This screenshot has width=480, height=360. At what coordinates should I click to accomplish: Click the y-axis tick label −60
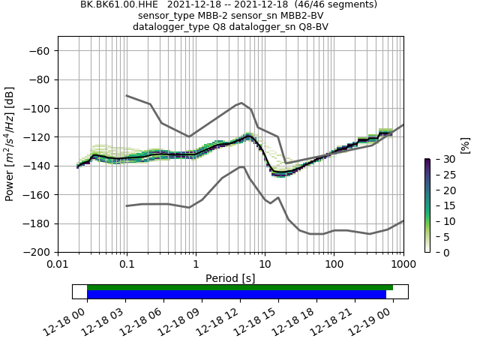coord(39,51)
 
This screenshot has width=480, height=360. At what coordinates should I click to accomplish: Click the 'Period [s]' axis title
coord(230,278)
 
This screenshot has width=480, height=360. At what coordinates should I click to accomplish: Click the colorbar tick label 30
coord(440,159)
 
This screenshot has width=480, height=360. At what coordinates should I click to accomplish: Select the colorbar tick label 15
coord(440,205)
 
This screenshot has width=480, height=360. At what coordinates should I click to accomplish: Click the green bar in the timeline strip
coord(240,287)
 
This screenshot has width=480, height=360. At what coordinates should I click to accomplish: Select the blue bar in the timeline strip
coord(236,295)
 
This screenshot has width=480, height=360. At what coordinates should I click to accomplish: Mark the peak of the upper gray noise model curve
coord(241,103)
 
